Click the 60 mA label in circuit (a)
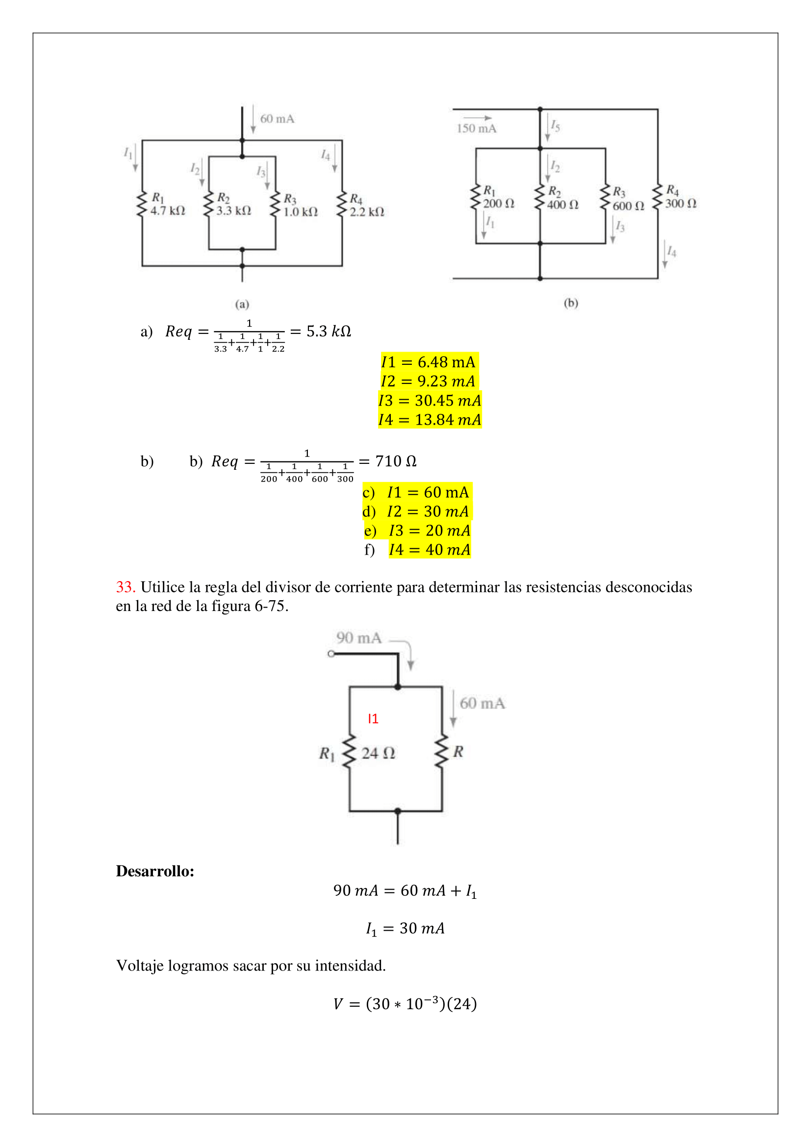tap(277, 119)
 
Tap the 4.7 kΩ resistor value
tap(168, 211)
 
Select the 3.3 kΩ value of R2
tap(234, 211)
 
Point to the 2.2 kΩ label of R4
tap(367, 212)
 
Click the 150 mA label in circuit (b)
tap(477, 128)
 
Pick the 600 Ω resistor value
tap(628, 206)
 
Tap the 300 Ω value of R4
tap(681, 204)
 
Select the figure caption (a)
tap(242, 304)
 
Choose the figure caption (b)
tap(571, 303)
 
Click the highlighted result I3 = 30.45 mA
tap(430, 400)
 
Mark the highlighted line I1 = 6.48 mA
tap(429, 362)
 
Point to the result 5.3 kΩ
tap(329, 331)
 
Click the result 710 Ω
tap(396, 460)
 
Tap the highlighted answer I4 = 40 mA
tap(430, 550)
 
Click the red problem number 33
tap(126, 587)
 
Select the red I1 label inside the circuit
tap(373, 719)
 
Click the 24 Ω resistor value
tap(378, 753)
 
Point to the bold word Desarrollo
tap(155, 871)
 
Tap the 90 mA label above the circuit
tap(358, 638)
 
